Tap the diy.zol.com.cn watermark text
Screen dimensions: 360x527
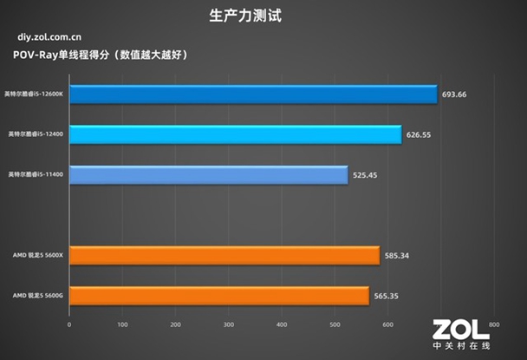[x=49, y=37]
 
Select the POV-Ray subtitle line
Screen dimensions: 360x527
[x=101, y=55]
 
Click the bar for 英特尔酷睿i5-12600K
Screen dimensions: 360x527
[x=252, y=94]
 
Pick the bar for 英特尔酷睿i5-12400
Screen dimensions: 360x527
[x=235, y=134]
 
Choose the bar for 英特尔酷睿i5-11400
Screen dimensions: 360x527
[x=208, y=174]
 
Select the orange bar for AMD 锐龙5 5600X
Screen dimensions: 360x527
[x=224, y=255]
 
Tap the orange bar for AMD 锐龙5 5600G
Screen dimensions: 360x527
[x=218, y=296]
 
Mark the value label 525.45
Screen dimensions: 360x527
[x=365, y=174]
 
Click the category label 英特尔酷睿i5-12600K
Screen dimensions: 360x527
[x=35, y=94]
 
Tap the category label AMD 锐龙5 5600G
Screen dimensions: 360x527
[x=36, y=296]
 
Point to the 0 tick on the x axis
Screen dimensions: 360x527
[x=69, y=325]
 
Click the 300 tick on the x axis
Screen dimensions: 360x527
[x=229, y=325]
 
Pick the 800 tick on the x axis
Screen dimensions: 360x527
[x=494, y=325]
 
